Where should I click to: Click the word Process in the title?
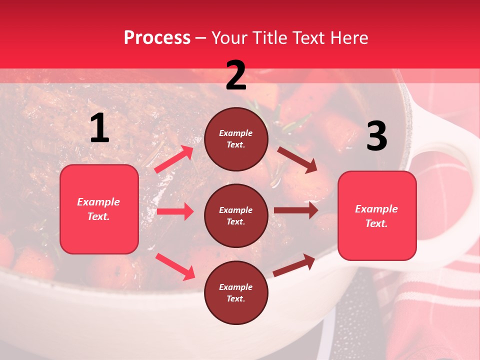coord(157,38)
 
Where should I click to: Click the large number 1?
coord(99,128)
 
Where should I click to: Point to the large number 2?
coord(236,75)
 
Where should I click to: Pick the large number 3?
coord(376,136)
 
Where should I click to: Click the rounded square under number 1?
coord(99,209)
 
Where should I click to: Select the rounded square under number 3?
coord(376,216)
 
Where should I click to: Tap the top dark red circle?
coord(236,139)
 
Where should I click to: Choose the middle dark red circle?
coord(236,215)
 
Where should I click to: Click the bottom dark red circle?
coord(236,292)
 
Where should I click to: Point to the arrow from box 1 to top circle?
coord(174,159)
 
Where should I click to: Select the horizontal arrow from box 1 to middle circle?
coord(175,212)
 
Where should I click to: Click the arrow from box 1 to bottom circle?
coord(175,266)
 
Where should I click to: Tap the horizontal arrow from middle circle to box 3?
coord(296,210)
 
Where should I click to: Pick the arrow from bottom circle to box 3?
coord(294,265)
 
